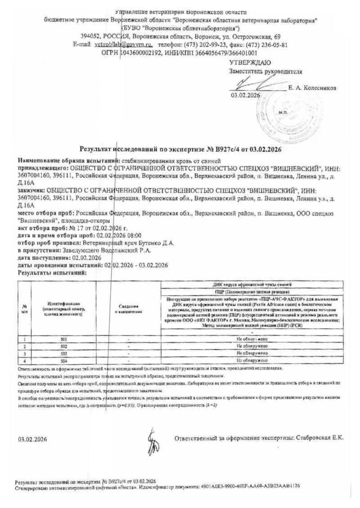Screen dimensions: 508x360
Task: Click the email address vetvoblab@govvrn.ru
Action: [x=124, y=45]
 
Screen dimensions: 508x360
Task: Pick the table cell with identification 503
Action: [x=63, y=353]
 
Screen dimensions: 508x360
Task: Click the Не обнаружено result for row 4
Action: [x=252, y=360]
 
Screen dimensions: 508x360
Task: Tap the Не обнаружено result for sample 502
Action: [x=252, y=347]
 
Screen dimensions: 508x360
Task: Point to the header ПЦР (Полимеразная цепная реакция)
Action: [x=252, y=292]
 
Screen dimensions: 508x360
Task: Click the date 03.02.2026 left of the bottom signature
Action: [x=32, y=438]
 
